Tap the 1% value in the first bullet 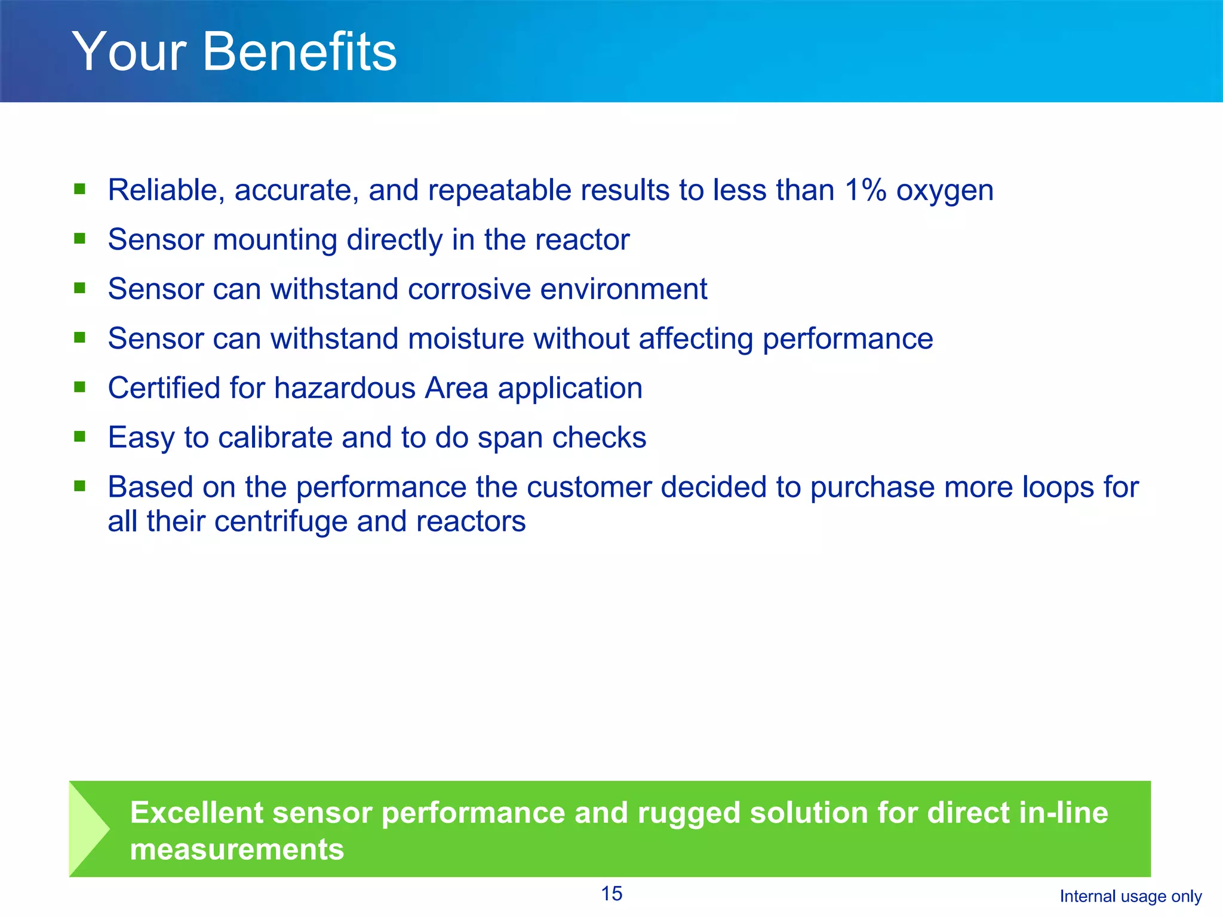(x=865, y=190)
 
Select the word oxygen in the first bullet (x=945, y=192)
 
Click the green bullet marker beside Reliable (x=79, y=190)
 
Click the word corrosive (x=469, y=290)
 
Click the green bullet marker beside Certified (x=79, y=387)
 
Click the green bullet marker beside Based (x=79, y=486)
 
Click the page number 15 (x=611, y=894)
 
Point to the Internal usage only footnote (x=1130, y=897)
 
